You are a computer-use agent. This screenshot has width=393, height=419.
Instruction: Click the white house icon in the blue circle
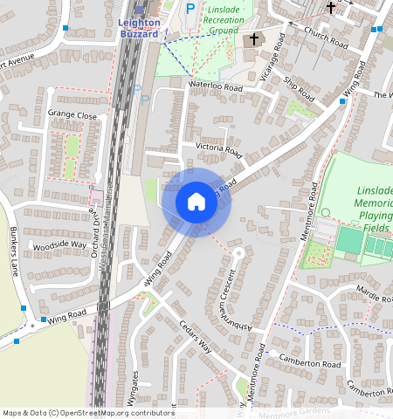196,202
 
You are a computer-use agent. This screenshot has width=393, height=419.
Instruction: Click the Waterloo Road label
216,86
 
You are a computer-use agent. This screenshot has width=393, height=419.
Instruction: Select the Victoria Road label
218,149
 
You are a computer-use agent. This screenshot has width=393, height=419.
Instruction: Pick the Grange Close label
72,114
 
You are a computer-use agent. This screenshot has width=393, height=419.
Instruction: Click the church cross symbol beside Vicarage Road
255,39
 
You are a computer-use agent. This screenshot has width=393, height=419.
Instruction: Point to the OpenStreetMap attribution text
88,413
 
